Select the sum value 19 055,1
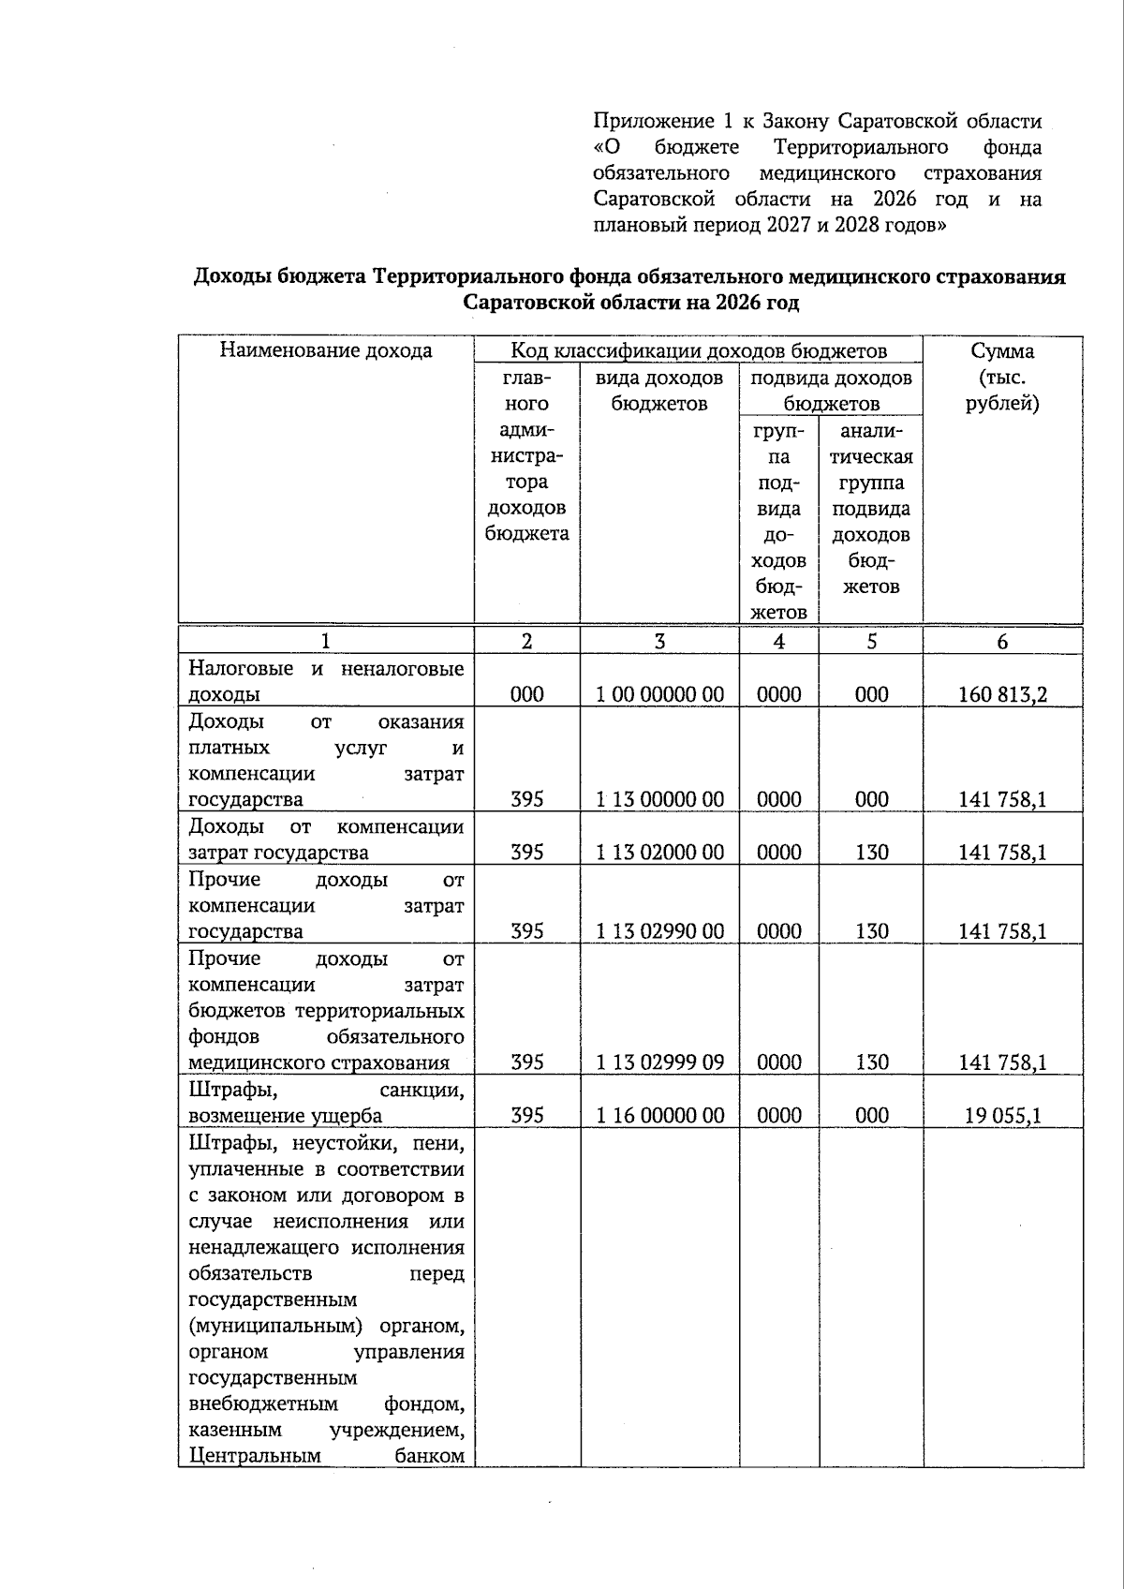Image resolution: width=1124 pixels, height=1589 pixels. (1002, 1116)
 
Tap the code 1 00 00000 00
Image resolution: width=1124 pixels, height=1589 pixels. (659, 695)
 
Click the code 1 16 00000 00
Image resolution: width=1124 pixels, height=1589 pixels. (659, 1116)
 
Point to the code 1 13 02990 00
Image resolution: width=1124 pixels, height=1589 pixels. (659, 932)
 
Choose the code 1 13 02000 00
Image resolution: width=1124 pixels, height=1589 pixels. (659, 853)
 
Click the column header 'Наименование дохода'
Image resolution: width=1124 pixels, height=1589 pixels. (326, 351)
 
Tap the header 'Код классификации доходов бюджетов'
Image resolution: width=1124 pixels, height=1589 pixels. (698, 351)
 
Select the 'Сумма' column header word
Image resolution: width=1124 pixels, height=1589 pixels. (1002, 351)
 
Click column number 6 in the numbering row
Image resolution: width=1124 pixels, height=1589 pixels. (1002, 642)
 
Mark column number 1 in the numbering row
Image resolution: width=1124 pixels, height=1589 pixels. (326, 642)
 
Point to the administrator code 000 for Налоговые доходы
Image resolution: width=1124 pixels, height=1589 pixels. (526, 695)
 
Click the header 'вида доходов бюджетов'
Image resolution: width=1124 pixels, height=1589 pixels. (659, 391)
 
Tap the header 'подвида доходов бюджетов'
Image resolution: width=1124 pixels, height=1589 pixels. (831, 391)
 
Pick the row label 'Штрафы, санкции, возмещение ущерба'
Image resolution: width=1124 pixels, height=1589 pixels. (326, 1103)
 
